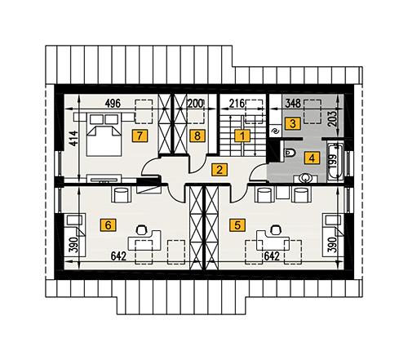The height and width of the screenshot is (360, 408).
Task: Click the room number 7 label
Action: click(141, 134)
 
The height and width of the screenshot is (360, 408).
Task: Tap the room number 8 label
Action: click(196, 135)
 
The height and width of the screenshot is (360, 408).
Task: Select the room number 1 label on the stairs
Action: click(242, 136)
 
